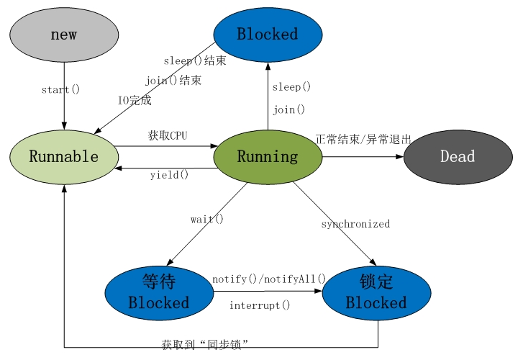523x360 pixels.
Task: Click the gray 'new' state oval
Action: tap(64, 35)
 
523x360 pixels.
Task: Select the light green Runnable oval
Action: tap(64, 157)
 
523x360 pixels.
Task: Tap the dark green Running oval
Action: tap(268, 157)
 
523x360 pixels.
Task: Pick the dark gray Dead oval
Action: tap(458, 157)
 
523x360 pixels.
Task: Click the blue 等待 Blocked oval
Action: tap(159, 293)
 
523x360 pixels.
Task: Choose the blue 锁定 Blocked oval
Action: tap(376, 293)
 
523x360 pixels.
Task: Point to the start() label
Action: tap(60, 89)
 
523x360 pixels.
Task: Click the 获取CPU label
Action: tap(168, 135)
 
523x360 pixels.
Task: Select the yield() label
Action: tap(170, 175)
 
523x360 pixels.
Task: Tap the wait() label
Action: tap(207, 219)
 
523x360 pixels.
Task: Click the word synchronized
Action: tap(355, 224)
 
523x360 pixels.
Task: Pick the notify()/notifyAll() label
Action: tap(269, 279)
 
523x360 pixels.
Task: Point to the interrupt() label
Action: tap(260, 305)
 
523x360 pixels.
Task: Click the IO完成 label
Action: tap(135, 100)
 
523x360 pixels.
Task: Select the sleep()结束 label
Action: tap(195, 60)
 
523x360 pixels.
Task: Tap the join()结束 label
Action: tap(173, 80)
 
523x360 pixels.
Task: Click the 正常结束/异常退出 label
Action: tap(363, 139)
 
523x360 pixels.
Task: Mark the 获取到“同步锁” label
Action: tap(205, 344)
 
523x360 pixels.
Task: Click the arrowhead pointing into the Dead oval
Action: tap(399, 157)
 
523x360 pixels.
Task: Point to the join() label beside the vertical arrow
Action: tap(289, 109)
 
